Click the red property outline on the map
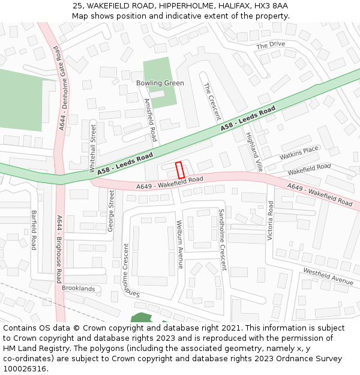tap(179, 170)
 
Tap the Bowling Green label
tap(160, 83)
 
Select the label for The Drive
tap(271, 45)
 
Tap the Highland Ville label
tap(254, 150)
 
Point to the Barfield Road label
tap(34, 230)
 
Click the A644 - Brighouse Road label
tap(59, 249)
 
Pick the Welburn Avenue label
tap(179, 244)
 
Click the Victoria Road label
tap(271, 221)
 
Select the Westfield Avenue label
tap(328, 276)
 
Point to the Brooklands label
tap(78, 289)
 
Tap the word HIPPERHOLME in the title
tap(185, 5)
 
